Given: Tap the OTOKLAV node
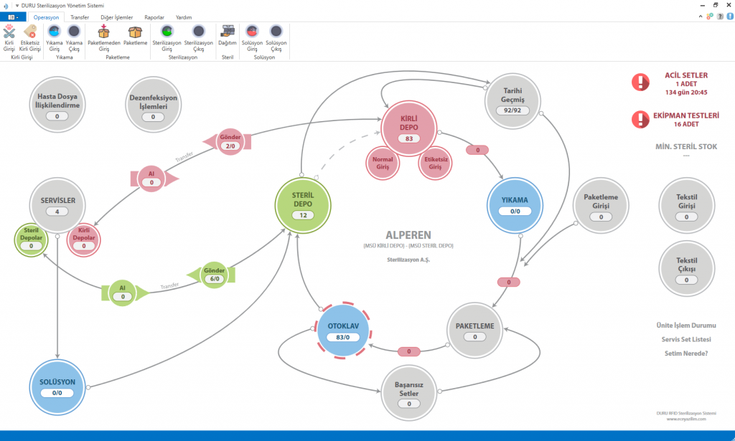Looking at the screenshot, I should point(343,329).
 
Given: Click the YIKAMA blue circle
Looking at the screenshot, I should point(515,203).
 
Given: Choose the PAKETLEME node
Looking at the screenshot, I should point(474,329).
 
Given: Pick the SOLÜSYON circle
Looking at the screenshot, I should point(57,387).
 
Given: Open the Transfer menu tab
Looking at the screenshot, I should point(80,16).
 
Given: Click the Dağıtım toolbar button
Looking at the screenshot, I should point(228,35).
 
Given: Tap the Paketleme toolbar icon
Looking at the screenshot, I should point(136,35).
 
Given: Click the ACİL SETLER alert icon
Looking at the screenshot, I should point(640,82).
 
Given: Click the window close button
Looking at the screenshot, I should point(726,5).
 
